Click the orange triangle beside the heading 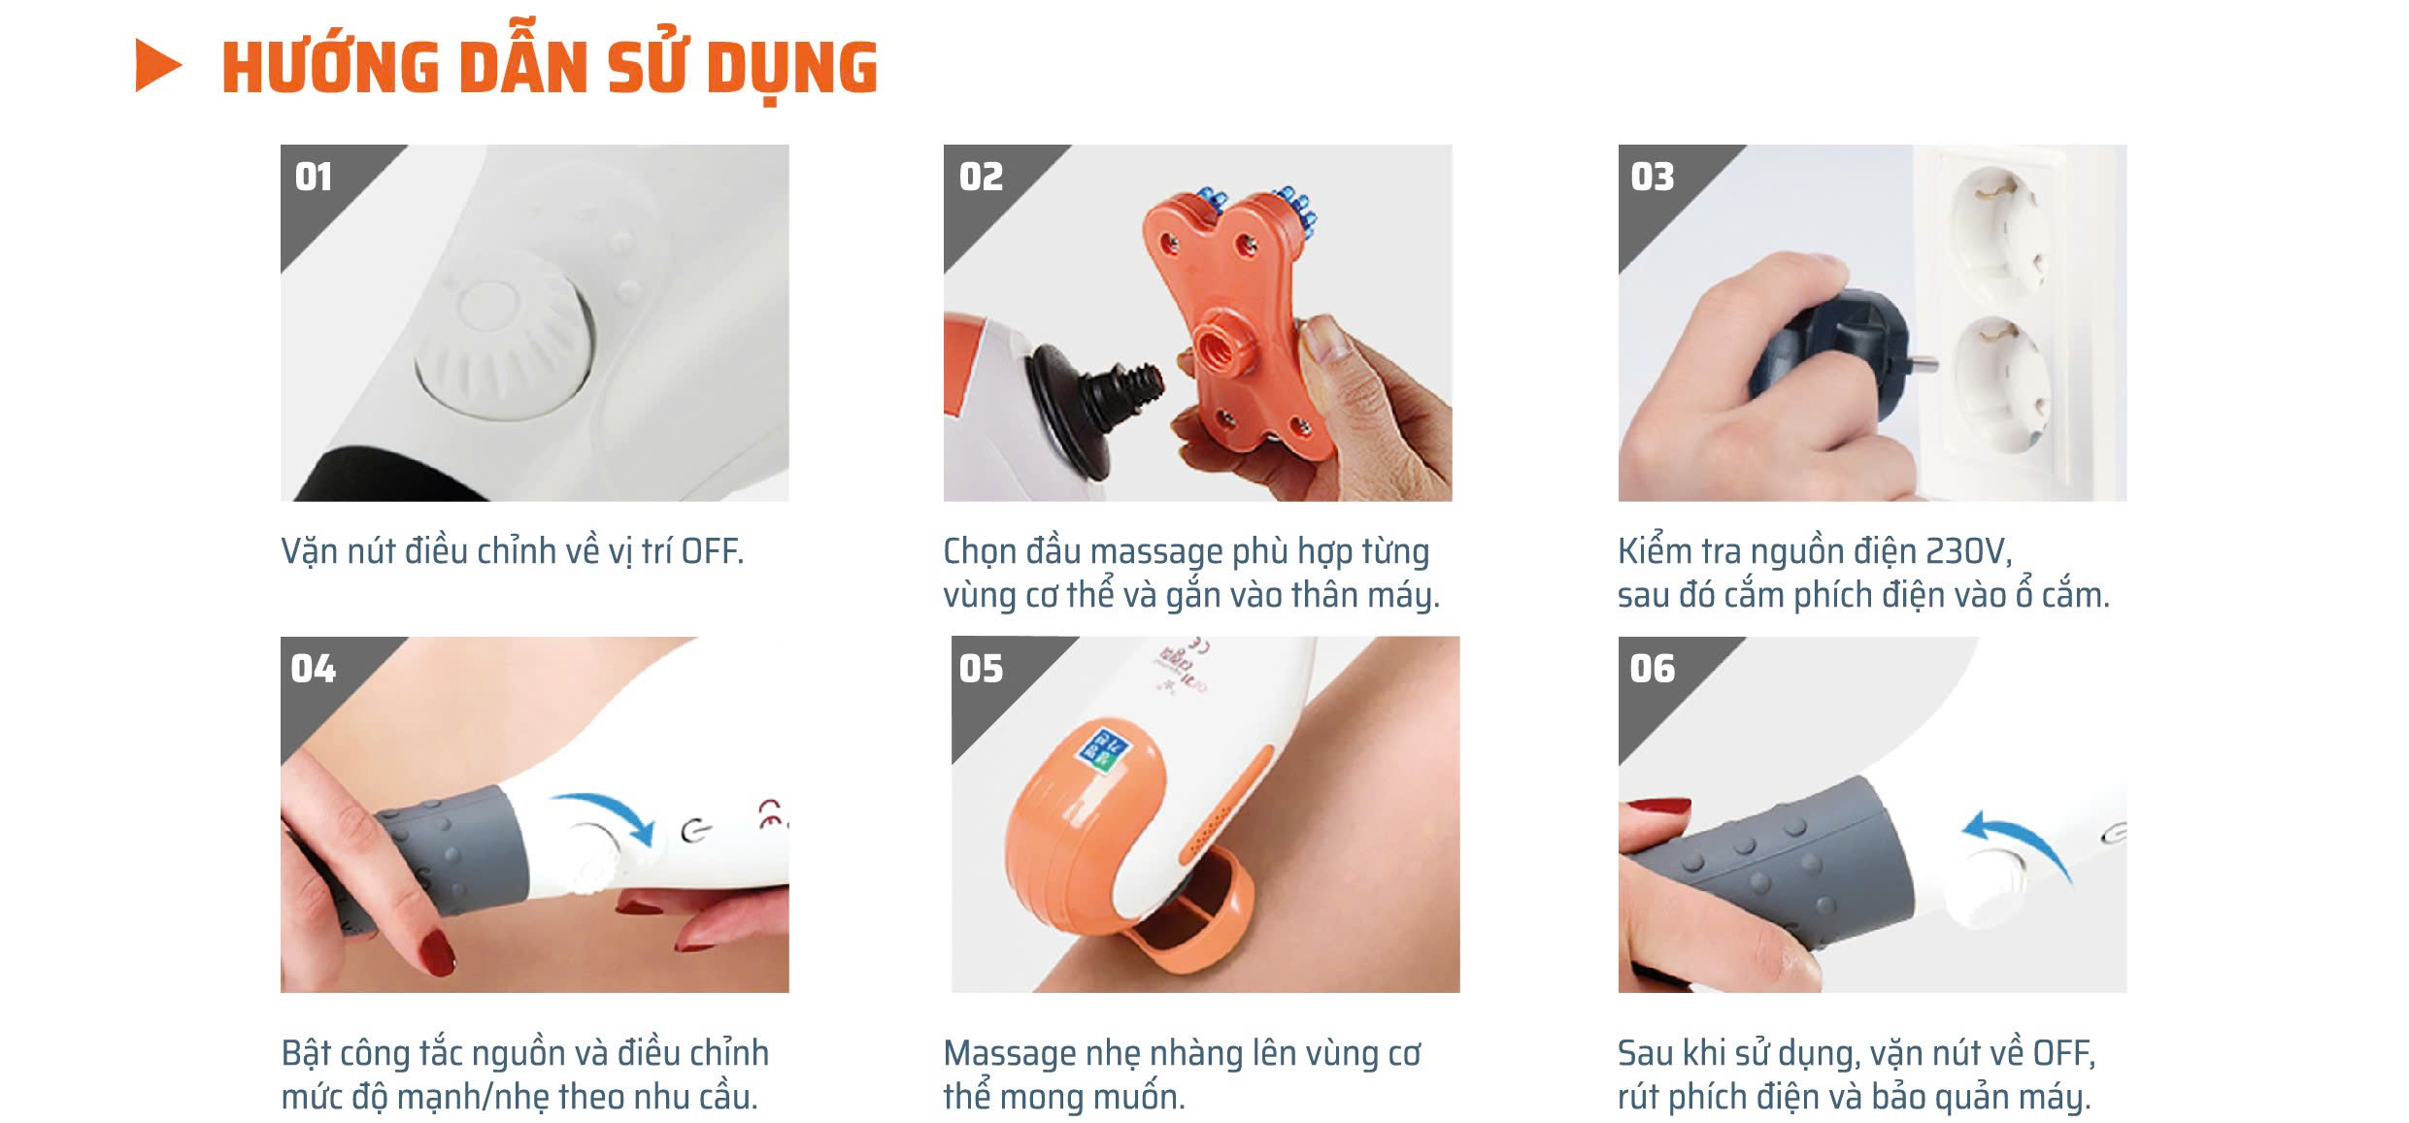coord(155,66)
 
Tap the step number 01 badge coord(314,177)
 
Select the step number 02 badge coord(981,177)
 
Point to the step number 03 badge coord(1653,177)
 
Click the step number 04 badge coord(313,669)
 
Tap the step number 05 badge coord(981,669)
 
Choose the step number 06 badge coord(1653,669)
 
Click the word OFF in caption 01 coord(712,551)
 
